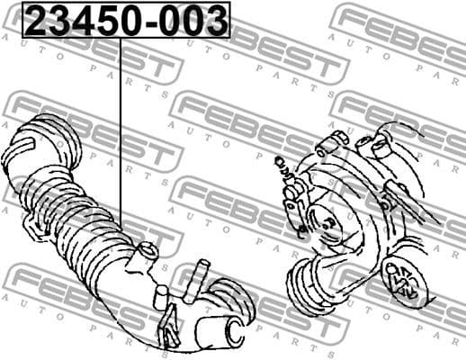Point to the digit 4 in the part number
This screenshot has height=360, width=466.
pos(79,21)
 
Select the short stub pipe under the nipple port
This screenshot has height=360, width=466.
pos(159,298)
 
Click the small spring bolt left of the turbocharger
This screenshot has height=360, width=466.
pos(281,166)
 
